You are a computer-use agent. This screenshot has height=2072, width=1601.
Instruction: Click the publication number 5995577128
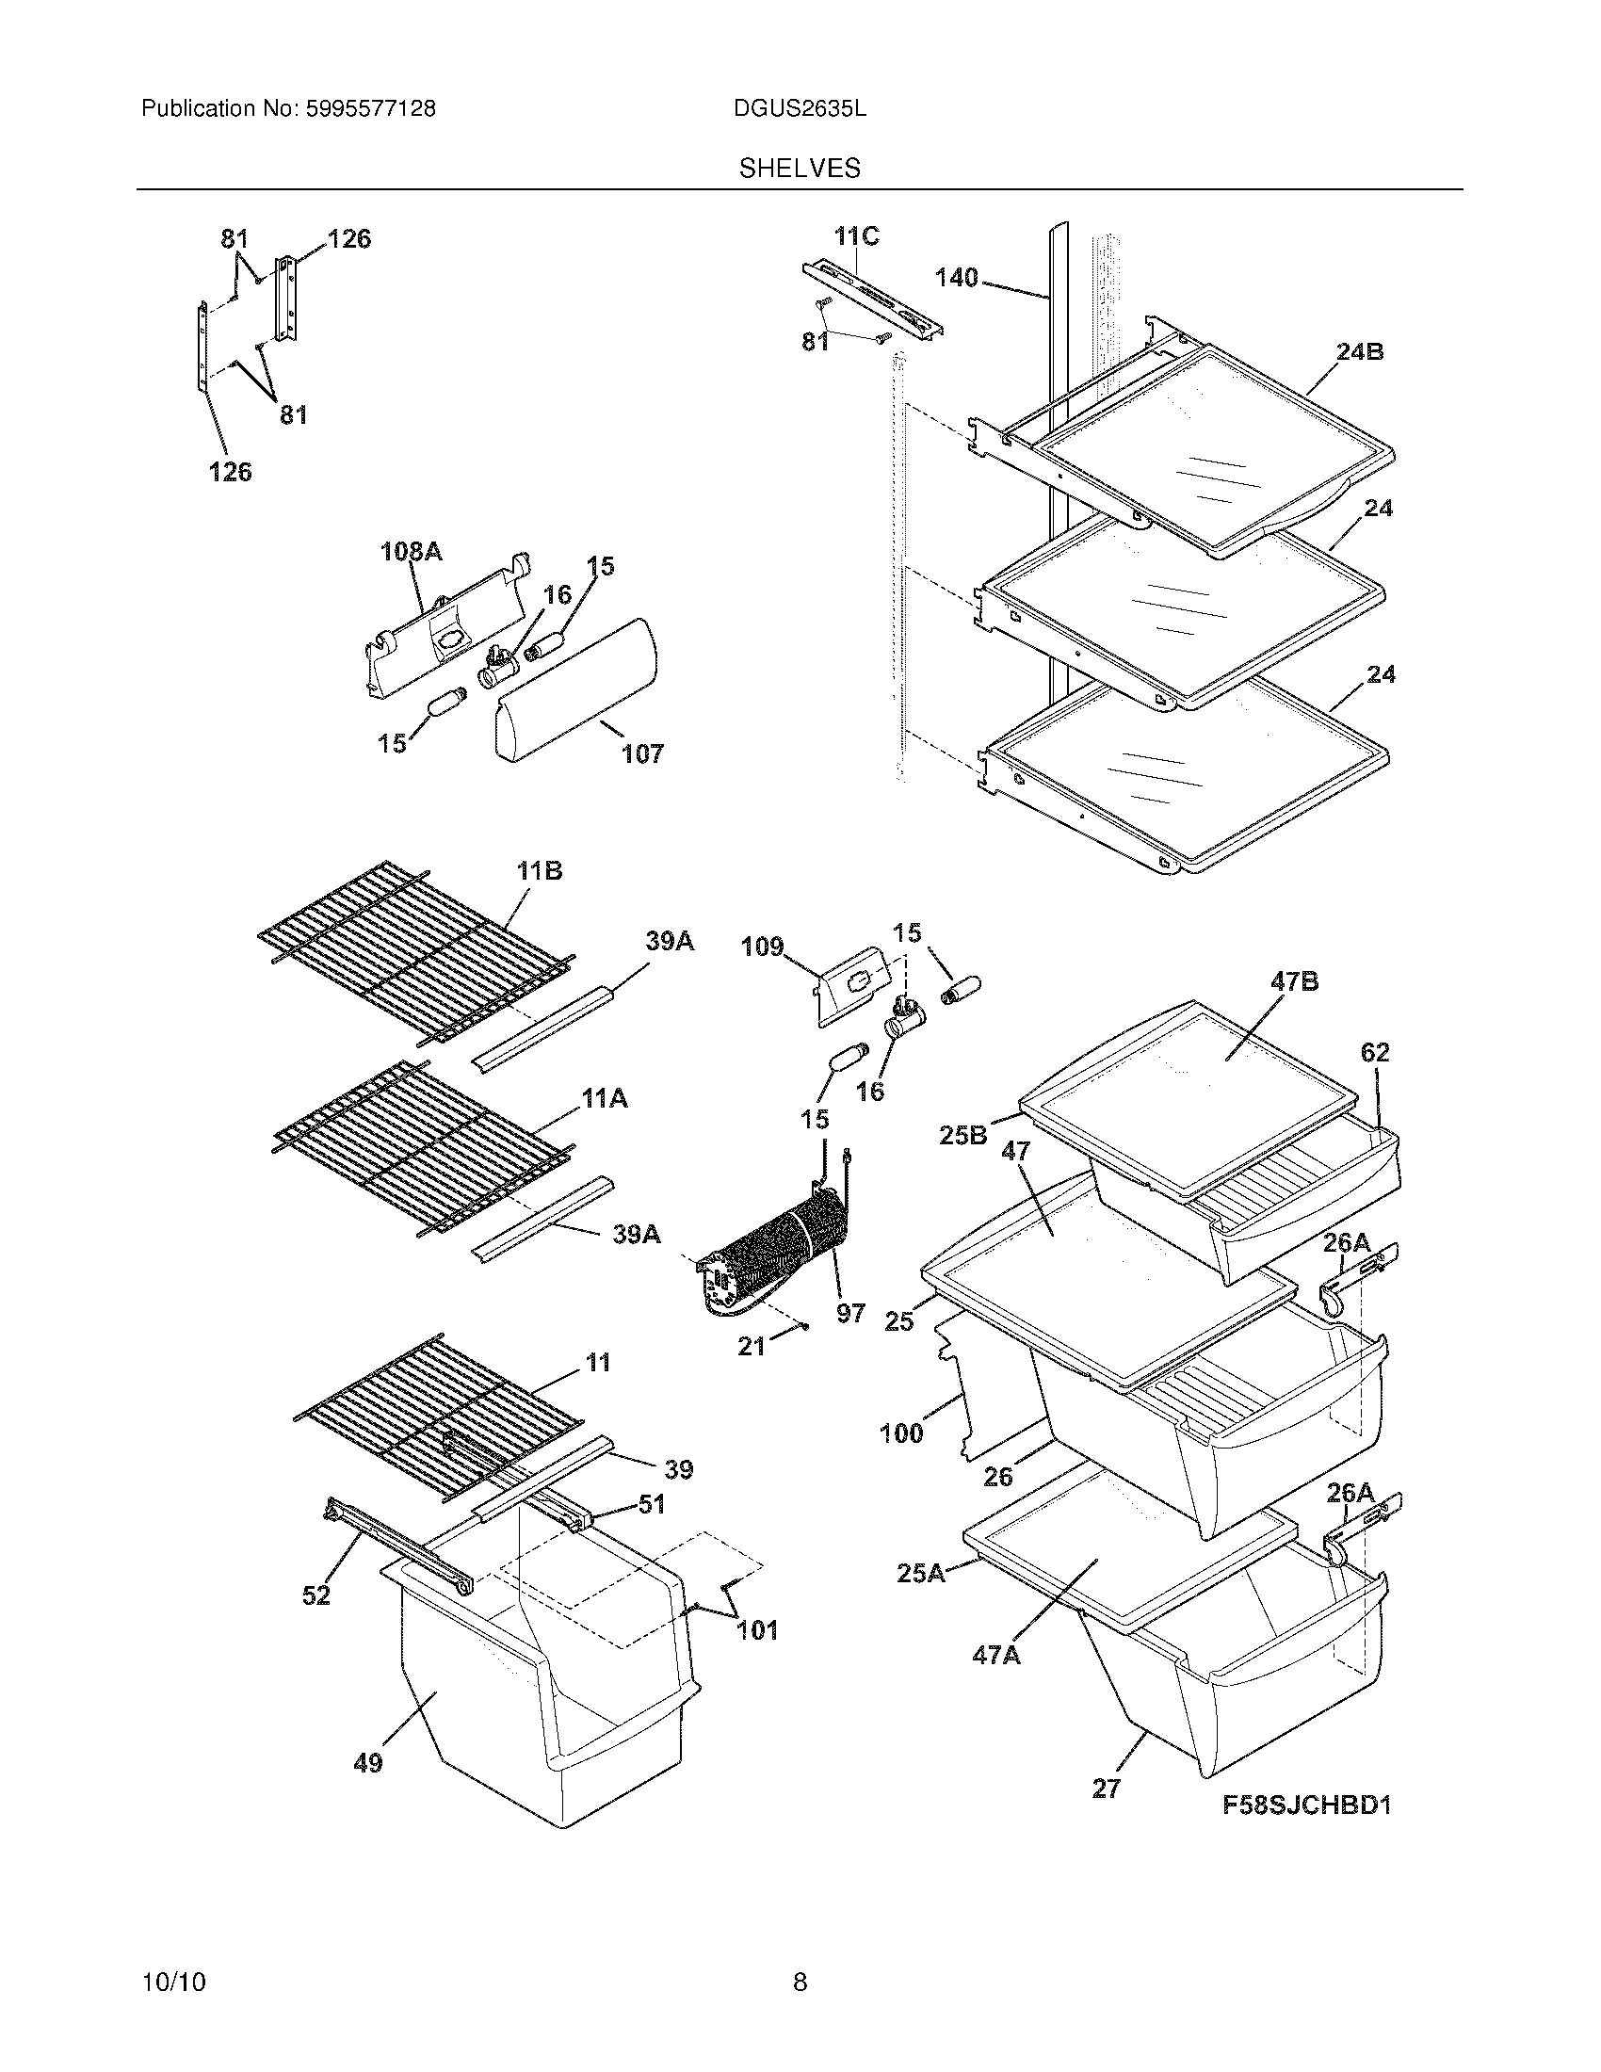370,109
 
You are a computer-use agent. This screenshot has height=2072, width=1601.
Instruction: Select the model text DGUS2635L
799,109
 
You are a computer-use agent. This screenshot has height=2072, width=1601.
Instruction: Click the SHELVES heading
800,169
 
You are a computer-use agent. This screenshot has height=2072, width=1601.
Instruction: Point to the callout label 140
956,278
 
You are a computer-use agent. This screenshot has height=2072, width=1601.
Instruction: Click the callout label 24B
1359,352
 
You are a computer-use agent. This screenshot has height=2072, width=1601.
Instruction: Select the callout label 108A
411,551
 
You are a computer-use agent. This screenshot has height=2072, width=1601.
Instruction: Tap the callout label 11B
539,871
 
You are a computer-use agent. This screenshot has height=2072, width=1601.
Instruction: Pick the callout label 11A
605,1098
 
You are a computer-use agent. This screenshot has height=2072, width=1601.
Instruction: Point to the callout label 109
762,946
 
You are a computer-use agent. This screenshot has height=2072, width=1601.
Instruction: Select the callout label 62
1374,1052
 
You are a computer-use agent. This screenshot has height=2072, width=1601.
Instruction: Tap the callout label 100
900,1433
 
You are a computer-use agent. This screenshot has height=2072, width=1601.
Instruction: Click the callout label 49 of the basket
367,1763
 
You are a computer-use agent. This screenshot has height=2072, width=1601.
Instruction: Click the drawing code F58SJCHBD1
1306,1805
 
